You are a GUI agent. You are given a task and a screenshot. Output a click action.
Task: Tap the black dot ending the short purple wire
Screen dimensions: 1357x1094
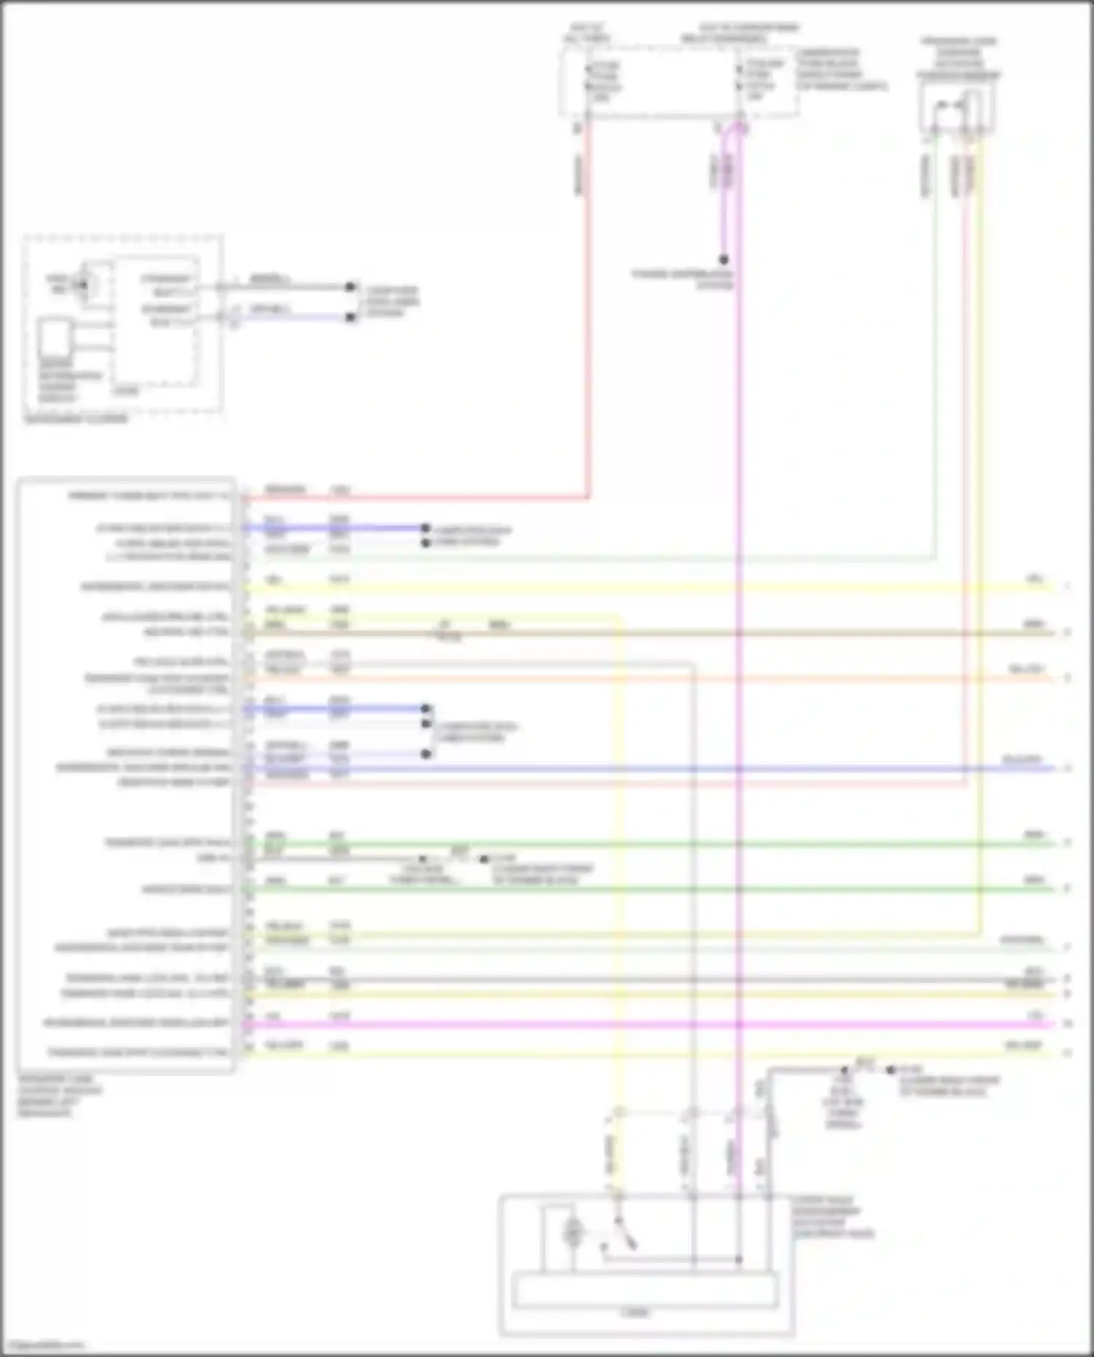pyautogui.click(x=723, y=260)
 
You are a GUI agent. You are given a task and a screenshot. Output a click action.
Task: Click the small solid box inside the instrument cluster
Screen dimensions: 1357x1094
pyautogui.click(x=55, y=340)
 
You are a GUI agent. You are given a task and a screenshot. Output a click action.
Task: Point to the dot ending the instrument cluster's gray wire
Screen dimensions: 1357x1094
pyautogui.click(x=351, y=287)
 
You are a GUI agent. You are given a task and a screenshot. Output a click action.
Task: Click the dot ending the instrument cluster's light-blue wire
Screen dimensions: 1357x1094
pyautogui.click(x=351, y=317)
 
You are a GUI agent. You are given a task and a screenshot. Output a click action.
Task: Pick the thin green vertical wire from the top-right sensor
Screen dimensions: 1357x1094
pyautogui.click(x=934, y=365)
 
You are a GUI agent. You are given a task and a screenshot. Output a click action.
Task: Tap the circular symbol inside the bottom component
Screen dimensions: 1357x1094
pyautogui.click(x=573, y=1232)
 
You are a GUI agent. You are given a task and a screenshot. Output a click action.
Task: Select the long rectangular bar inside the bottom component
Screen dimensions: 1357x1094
pyautogui.click(x=645, y=1290)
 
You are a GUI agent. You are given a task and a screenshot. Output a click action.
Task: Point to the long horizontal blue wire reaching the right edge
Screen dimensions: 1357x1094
pyautogui.click(x=656, y=769)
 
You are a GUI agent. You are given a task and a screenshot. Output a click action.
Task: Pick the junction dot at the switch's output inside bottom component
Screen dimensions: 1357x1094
pyautogui.click(x=738, y=1259)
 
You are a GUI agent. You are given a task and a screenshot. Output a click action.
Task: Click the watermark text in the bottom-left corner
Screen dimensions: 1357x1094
pyautogui.click(x=42, y=1346)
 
